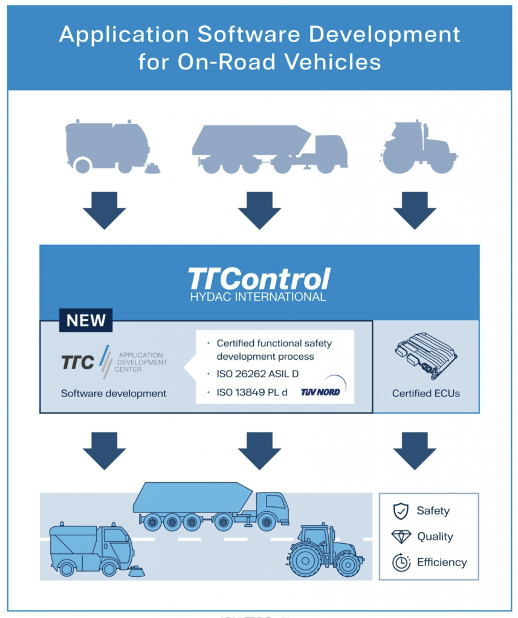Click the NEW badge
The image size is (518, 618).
pyautogui.click(x=86, y=320)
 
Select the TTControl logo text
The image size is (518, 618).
pyautogui.click(x=259, y=279)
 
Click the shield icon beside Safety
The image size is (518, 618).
pyautogui.click(x=400, y=511)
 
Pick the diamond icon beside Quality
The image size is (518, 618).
pyautogui.click(x=401, y=537)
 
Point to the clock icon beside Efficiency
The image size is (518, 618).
pyautogui.click(x=401, y=562)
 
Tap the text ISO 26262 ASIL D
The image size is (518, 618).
pyautogui.click(x=257, y=374)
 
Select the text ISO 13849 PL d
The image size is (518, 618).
pyautogui.click(x=252, y=392)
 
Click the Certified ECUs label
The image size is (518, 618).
pyautogui.click(x=426, y=393)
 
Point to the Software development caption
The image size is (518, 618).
pyautogui.click(x=114, y=393)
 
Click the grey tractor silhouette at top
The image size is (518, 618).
pyautogui.click(x=418, y=147)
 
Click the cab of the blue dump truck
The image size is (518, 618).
pyautogui.click(x=273, y=508)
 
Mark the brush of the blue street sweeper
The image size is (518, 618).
pyautogui.click(x=136, y=572)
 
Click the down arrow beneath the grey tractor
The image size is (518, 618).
pyautogui.click(x=415, y=211)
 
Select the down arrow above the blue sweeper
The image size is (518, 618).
pyautogui.click(x=104, y=451)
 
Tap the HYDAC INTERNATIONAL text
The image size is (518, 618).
pyautogui.click(x=258, y=297)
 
